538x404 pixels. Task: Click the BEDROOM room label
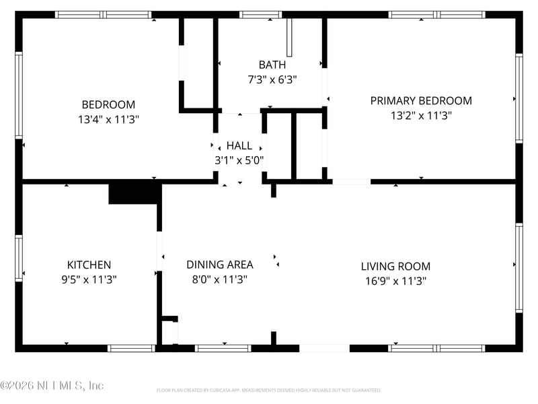(108, 104)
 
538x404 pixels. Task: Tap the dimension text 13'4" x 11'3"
(108, 119)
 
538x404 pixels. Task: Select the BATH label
(272, 65)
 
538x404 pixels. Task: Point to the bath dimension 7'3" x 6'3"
(272, 79)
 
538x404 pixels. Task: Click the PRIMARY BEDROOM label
(421, 100)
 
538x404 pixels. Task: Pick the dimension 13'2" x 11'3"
(421, 115)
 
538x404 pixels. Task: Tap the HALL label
(239, 145)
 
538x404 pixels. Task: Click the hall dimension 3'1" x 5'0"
(239, 160)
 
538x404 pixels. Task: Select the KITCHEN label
(89, 265)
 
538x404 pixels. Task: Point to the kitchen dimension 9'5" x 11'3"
(89, 279)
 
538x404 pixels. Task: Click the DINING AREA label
(219, 265)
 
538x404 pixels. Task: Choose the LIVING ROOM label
(395, 266)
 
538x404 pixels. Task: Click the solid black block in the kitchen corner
(134, 193)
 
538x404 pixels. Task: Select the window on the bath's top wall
(260, 14)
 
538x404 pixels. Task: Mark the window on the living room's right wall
(518, 267)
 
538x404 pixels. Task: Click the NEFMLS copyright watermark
(52, 386)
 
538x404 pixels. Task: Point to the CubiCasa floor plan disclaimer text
(268, 390)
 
